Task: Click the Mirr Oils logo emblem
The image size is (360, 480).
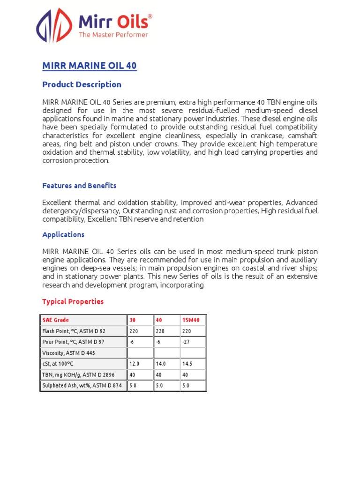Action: tap(54, 29)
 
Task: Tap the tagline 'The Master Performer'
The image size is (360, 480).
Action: tap(113, 35)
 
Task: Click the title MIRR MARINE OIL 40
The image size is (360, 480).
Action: tap(90, 66)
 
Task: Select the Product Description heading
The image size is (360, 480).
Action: tap(82, 85)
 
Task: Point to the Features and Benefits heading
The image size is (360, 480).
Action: tap(79, 186)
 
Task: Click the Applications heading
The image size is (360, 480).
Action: tap(63, 234)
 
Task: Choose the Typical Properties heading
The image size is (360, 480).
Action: tap(73, 301)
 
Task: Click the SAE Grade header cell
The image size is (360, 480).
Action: tap(56, 320)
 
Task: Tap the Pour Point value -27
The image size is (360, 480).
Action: tap(186, 342)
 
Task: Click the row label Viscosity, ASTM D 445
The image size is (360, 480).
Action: tap(68, 353)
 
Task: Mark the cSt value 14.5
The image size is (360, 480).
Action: tap(187, 364)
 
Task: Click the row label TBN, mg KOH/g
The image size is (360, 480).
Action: tap(78, 375)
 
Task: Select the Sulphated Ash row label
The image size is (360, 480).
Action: tap(82, 386)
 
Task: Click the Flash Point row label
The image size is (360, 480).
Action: tap(74, 331)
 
